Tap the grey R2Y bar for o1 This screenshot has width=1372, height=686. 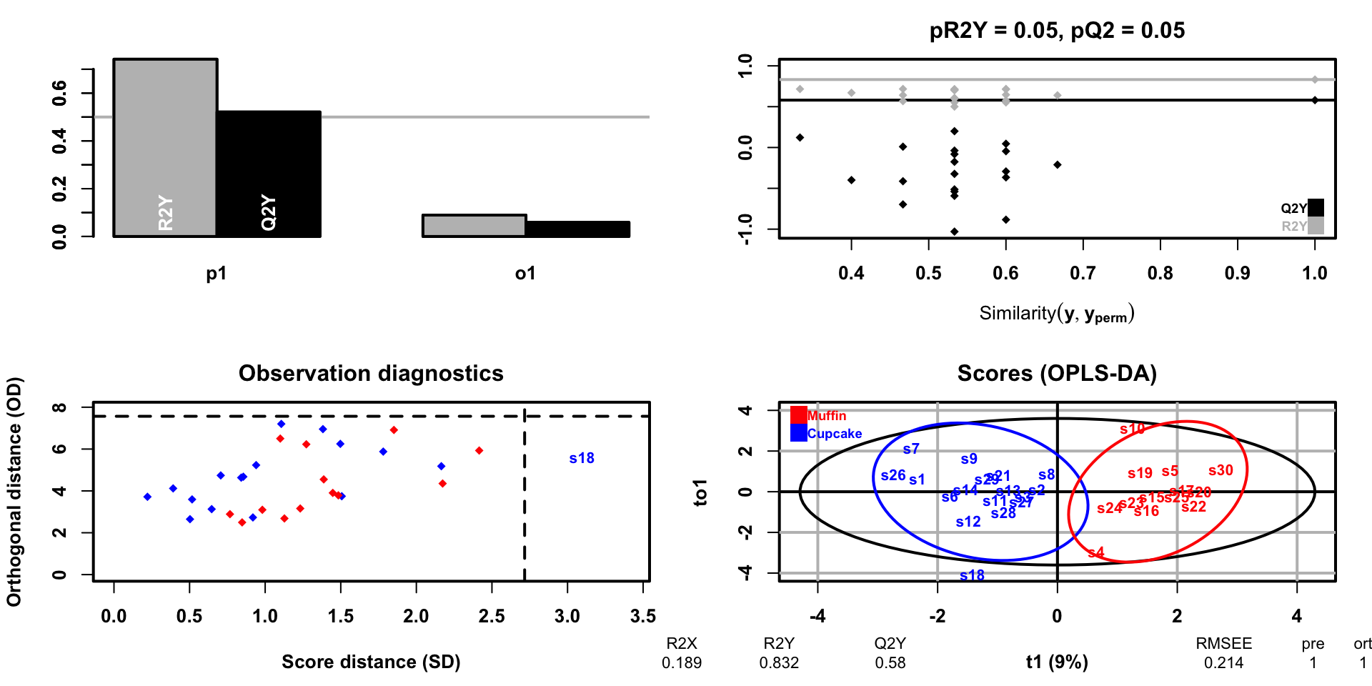474,226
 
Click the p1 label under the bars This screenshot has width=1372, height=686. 217,274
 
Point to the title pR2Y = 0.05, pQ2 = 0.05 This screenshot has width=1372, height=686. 1057,31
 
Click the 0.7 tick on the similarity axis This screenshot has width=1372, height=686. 1083,273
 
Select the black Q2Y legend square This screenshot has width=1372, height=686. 1316,207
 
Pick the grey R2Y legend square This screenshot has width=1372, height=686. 1316,226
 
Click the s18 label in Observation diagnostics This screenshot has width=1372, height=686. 582,458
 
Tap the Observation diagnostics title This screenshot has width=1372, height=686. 371,374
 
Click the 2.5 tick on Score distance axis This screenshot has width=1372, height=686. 492,616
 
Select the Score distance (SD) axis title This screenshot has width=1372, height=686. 371,662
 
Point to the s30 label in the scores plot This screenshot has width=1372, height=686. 1221,470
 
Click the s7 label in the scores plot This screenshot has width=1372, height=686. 911,449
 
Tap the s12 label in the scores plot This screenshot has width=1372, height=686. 968,522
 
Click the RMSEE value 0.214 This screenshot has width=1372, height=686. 1223,662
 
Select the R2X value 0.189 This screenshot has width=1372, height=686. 682,662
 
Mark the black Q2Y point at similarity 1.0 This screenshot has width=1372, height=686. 1315,100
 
